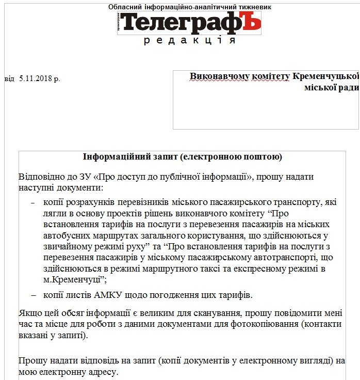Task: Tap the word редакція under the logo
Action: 189,41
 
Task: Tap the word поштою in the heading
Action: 263,156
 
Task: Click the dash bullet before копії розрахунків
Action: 34,202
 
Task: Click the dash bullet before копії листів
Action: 34,295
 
